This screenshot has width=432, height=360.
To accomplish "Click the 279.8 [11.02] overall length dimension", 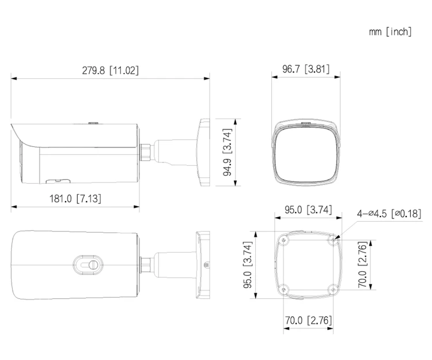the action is click(x=110, y=70).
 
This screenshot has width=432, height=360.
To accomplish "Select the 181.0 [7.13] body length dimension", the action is click(x=75, y=198).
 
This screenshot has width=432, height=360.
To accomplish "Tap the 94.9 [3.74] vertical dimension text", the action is click(x=228, y=152).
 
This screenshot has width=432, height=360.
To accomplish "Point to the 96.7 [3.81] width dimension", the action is click(x=306, y=69).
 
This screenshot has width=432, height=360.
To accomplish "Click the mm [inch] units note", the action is click(x=391, y=32).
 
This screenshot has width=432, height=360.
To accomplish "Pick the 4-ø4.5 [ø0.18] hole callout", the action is click(x=389, y=214).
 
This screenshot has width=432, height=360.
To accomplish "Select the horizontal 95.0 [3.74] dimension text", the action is click(x=308, y=210).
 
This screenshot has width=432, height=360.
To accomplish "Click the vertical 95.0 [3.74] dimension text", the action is click(x=248, y=265).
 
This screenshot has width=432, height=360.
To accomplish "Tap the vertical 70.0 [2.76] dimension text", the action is click(x=362, y=265).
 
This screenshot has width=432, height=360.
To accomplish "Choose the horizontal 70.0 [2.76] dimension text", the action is click(x=308, y=320).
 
